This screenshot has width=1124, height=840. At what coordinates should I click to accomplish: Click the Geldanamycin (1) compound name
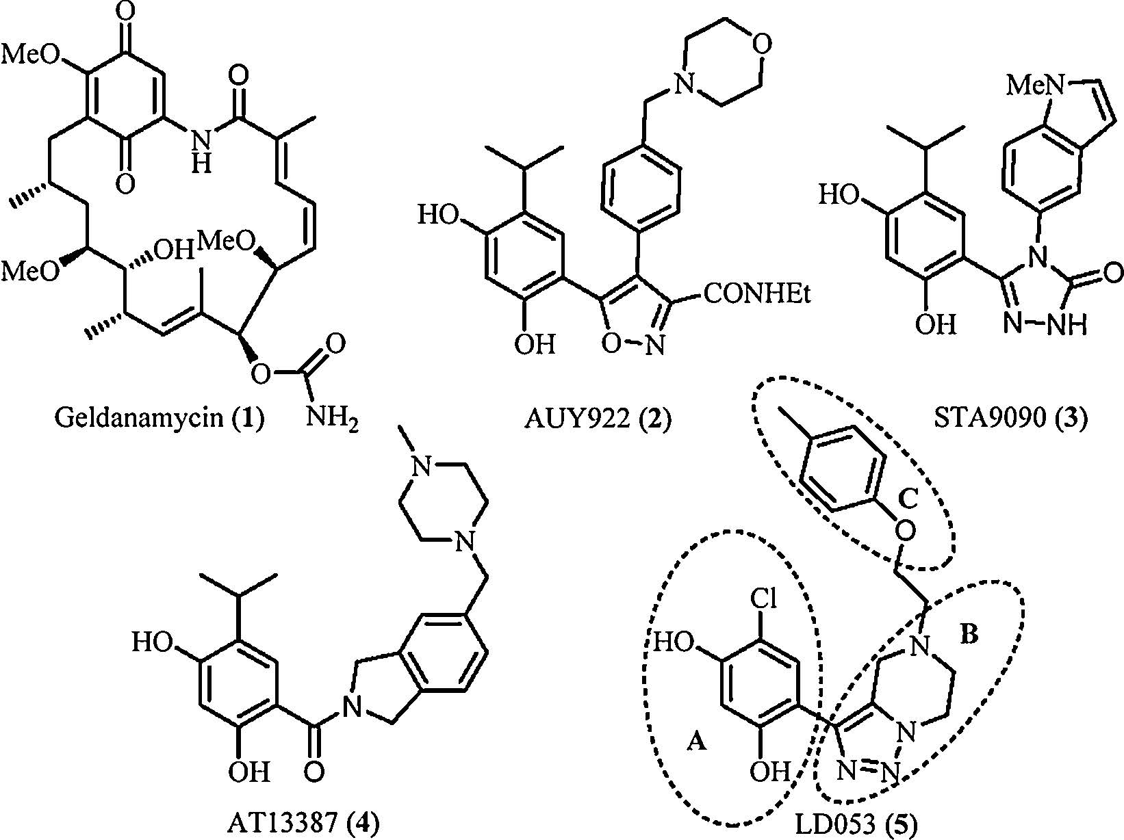(x=159, y=417)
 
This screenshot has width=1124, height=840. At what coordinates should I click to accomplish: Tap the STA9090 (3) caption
(x=1010, y=417)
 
